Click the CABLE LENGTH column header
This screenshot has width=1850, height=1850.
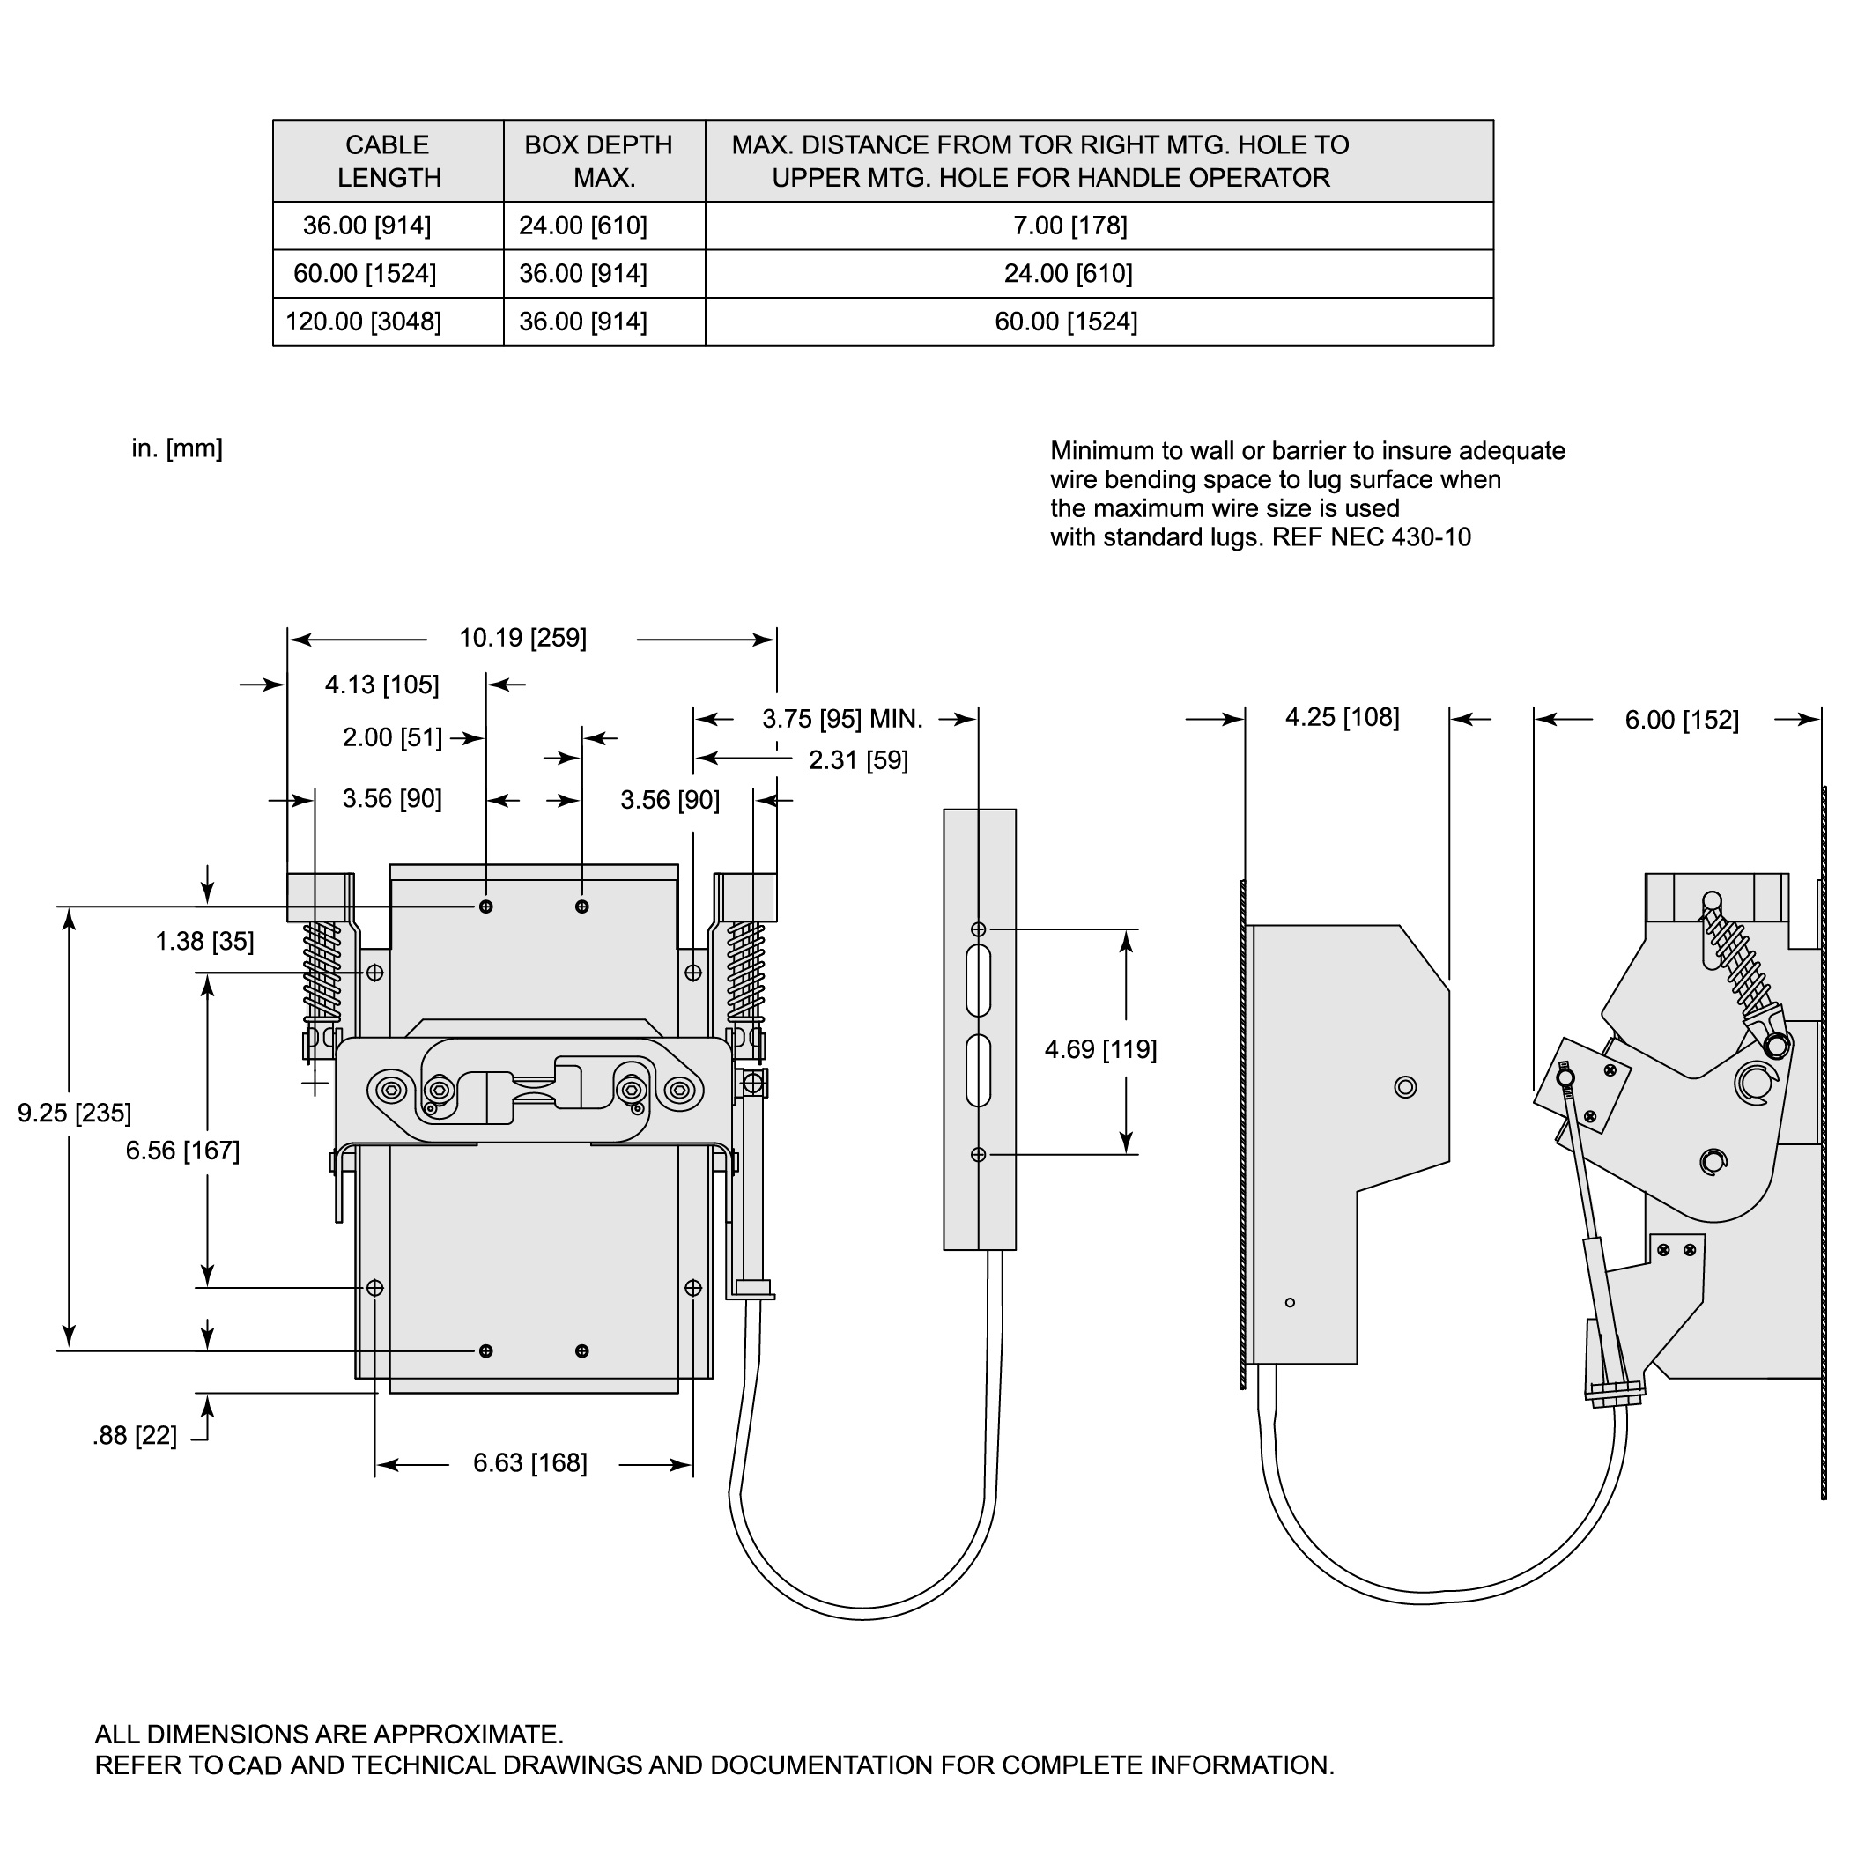[388, 161]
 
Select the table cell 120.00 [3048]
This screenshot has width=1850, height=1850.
[364, 322]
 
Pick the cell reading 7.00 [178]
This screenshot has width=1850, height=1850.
[1069, 226]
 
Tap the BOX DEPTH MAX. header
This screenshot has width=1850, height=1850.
[598, 161]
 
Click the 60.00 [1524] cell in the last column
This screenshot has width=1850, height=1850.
[1066, 322]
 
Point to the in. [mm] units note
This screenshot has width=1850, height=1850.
[177, 448]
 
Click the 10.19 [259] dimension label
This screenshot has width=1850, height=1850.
[522, 638]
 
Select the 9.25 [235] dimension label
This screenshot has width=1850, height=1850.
[75, 1113]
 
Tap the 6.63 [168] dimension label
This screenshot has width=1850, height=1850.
[530, 1463]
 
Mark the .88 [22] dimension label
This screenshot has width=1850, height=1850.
[135, 1436]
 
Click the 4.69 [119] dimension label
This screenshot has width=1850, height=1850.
[1100, 1049]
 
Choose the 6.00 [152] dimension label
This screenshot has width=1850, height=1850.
[1682, 720]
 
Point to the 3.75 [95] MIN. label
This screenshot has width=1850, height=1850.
[843, 719]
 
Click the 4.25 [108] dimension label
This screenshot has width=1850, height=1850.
[1342, 717]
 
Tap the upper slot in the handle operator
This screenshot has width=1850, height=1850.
[979, 980]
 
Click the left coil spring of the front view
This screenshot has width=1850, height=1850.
[322, 971]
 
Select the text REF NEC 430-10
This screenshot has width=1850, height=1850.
[1372, 537]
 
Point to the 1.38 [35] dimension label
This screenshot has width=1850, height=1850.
[205, 941]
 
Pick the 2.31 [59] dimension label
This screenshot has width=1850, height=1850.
[858, 760]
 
